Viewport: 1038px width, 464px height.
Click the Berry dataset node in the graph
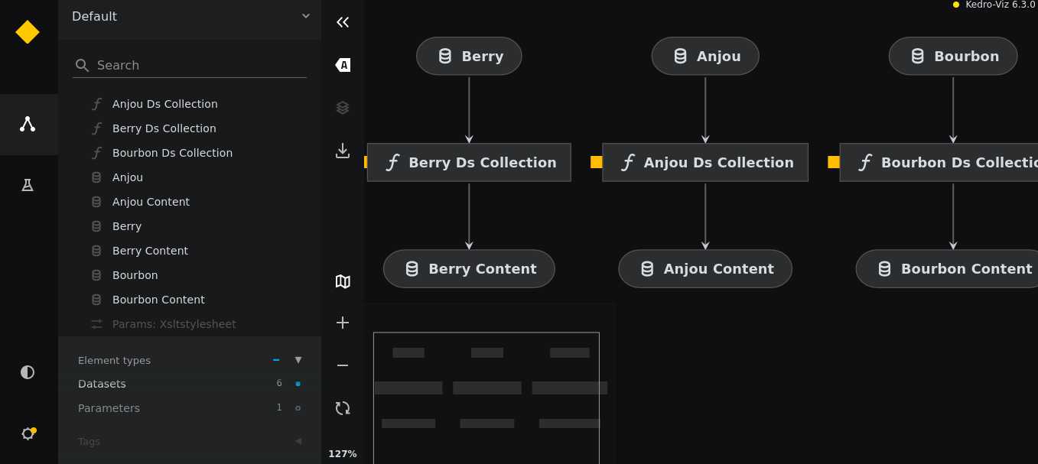(469, 56)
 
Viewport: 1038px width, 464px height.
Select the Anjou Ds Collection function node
(705, 162)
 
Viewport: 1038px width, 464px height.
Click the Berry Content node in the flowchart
(469, 268)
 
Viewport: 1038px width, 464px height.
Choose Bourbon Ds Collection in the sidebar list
(172, 153)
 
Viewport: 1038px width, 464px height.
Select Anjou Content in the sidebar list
(151, 202)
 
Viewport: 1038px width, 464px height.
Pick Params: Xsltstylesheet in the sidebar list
(174, 324)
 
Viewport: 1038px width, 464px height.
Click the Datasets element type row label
(102, 384)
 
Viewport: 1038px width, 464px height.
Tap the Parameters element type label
(109, 408)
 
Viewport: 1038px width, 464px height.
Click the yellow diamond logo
(28, 32)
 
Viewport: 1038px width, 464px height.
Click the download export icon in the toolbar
(343, 151)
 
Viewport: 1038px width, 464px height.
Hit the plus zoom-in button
(343, 323)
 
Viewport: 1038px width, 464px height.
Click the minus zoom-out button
(343, 365)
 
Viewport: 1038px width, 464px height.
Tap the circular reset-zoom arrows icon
(343, 408)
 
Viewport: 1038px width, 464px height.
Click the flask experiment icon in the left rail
(28, 185)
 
